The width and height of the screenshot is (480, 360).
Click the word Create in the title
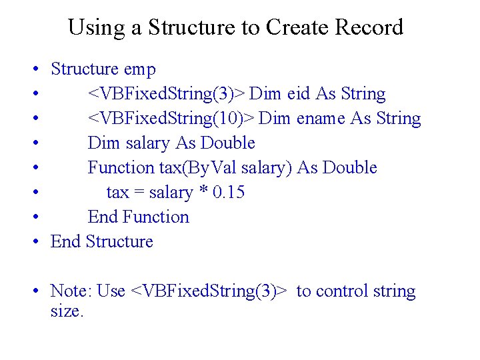[x=297, y=27]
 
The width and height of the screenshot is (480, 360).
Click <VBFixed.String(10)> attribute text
[x=171, y=119]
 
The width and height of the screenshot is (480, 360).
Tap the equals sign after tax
[x=138, y=193]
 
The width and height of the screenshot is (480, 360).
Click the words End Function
[x=139, y=217]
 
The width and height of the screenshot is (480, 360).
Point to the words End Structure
[x=102, y=241]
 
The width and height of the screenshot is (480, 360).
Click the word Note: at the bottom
[x=71, y=291]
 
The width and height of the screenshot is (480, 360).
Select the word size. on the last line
[x=67, y=311]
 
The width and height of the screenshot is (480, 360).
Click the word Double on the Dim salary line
[x=227, y=143]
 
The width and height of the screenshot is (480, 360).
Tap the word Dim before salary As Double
[x=101, y=143]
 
